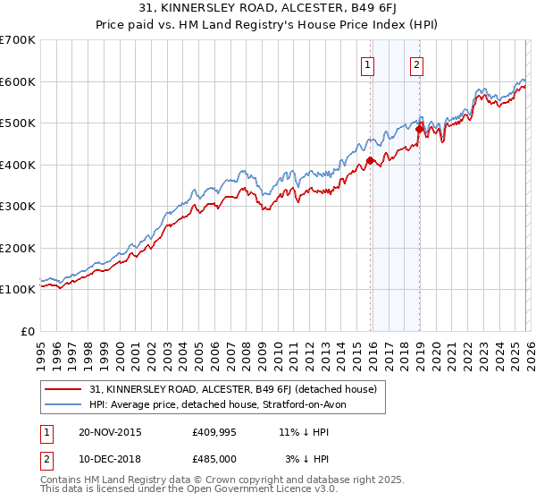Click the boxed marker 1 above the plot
[368, 64]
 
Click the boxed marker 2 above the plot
[417, 64]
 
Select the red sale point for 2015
[370, 161]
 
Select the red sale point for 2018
[419, 130]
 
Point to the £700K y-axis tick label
[18, 40]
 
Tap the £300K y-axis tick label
[18, 207]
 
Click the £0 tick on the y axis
[29, 332]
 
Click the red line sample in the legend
[63, 389]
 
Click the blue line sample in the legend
[63, 404]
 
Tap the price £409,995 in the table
[214, 432]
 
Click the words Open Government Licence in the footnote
[232, 492]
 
